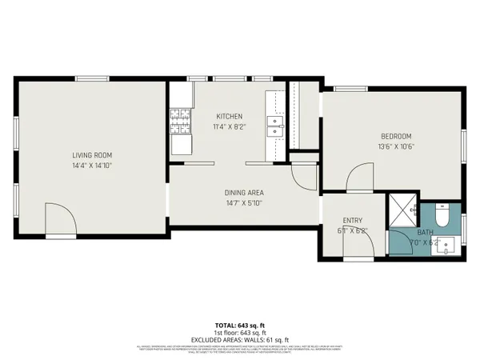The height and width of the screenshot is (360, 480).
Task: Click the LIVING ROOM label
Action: click(x=92, y=155)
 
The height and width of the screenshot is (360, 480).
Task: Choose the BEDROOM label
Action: click(x=397, y=136)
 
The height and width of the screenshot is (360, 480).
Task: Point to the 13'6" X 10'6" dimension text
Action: click(x=397, y=147)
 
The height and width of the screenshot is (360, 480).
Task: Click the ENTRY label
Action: click(x=353, y=220)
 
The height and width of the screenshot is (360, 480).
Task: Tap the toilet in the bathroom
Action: click(x=442, y=215)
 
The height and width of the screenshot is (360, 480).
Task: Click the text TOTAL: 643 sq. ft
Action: click(x=241, y=325)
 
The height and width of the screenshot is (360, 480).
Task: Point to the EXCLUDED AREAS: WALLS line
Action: click(x=241, y=338)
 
